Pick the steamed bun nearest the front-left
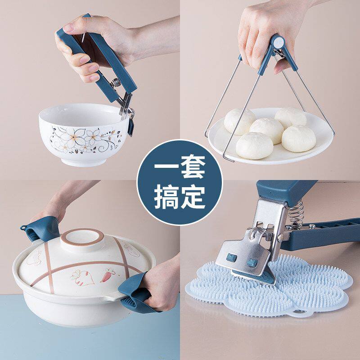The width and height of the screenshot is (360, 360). click(x=254, y=145)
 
